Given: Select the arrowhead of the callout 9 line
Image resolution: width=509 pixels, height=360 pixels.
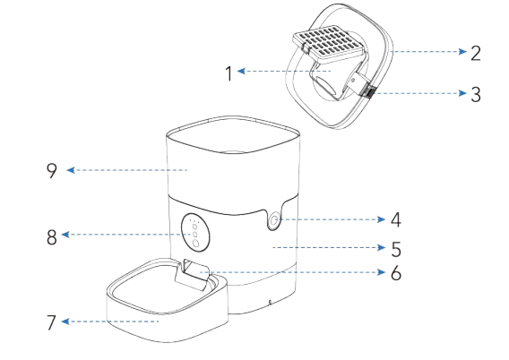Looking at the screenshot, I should click(x=71, y=168).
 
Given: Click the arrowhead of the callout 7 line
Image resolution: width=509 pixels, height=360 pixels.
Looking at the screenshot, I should click(x=71, y=321).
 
